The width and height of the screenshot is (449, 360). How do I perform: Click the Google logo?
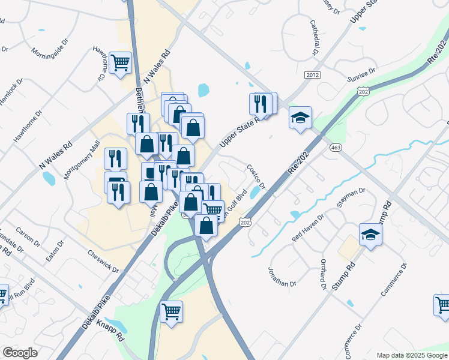point(20,353)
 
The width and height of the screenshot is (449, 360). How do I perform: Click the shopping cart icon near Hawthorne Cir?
point(121,62)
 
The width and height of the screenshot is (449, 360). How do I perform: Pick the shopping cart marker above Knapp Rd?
point(172,311)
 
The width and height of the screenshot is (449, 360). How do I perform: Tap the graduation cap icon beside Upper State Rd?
point(300,117)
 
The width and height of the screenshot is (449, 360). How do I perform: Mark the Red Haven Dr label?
point(307,227)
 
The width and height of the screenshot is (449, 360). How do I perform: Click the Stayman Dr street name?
point(352,199)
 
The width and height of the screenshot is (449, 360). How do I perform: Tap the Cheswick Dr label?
point(103,260)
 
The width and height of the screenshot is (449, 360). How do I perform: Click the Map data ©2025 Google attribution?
point(411,355)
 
